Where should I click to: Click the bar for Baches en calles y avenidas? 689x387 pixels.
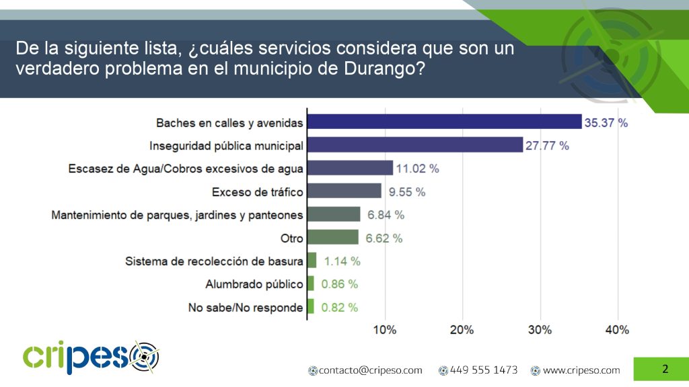(x=444, y=122)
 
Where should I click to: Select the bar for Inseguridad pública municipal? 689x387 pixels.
(x=414, y=144)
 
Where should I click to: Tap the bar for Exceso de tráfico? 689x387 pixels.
(x=344, y=191)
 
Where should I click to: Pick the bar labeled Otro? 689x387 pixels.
(x=332, y=237)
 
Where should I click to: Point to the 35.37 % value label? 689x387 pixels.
(x=606, y=123)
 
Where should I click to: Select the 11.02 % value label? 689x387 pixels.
(x=417, y=169)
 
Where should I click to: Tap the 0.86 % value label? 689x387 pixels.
(x=339, y=284)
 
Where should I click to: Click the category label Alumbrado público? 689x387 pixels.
(x=254, y=284)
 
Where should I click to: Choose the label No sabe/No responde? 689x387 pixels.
(x=246, y=308)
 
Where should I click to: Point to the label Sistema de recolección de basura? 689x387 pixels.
(x=214, y=261)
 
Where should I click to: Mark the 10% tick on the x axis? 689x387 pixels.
(x=384, y=330)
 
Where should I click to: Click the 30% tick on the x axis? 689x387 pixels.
(x=540, y=330)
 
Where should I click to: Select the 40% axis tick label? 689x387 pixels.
(x=617, y=330)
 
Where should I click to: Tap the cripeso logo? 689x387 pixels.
(x=90, y=357)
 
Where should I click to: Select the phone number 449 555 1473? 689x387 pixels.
(x=483, y=370)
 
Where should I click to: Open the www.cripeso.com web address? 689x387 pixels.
(x=581, y=370)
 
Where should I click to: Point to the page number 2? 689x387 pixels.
(x=665, y=369)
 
